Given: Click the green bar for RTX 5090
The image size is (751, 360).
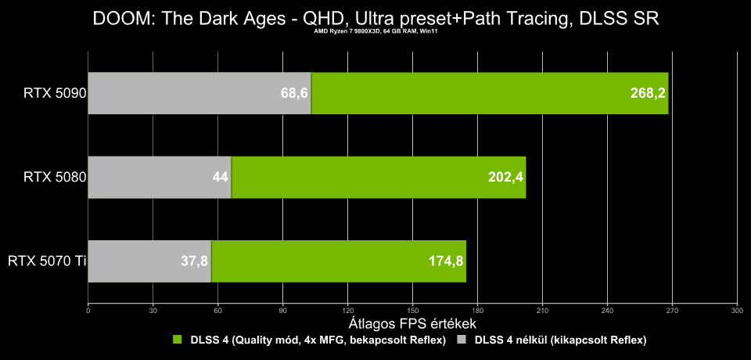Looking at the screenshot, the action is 490,93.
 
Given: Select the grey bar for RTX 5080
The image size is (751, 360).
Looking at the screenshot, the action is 160,178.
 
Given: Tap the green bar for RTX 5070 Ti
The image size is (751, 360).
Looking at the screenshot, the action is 339,261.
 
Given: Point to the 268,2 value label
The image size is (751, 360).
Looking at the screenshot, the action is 648,93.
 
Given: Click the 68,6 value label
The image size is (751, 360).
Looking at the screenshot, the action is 294,93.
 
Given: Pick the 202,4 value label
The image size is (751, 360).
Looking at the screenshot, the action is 506,178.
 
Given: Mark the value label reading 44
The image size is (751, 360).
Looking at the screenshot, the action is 221,178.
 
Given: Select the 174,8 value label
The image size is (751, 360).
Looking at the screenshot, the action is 446,261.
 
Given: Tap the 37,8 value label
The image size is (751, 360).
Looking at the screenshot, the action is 194,261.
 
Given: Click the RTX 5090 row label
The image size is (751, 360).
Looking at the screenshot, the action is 55,93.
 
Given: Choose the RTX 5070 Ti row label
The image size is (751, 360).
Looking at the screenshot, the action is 47,261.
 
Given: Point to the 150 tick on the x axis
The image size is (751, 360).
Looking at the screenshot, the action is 412,310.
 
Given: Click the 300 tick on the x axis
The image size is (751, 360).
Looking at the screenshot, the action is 737,310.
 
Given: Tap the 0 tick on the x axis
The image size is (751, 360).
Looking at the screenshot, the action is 88,310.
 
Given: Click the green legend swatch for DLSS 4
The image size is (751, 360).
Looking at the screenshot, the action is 178,340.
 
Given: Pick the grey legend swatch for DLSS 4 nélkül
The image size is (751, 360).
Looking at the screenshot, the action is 461,340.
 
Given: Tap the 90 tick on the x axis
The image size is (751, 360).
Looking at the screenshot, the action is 282,310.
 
